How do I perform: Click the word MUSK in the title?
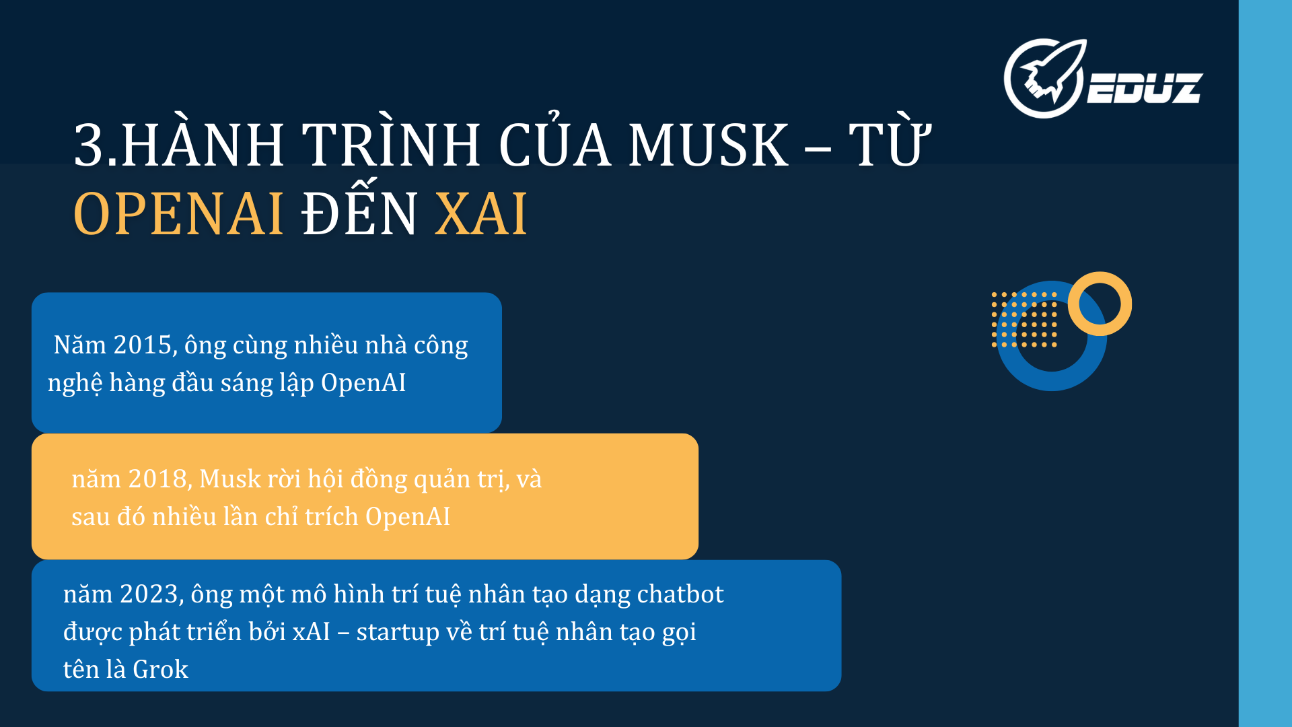click(708, 145)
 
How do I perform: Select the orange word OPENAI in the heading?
click(178, 214)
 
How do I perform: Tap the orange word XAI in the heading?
click(480, 214)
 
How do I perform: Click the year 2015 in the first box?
click(141, 345)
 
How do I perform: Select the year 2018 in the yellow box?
click(157, 479)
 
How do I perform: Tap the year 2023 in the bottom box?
click(149, 594)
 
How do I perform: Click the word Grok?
click(160, 670)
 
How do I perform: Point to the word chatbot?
click(680, 594)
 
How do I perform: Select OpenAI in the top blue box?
click(363, 383)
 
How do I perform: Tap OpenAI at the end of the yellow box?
click(408, 517)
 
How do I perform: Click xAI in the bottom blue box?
click(311, 632)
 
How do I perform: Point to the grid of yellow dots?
click(1024, 320)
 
